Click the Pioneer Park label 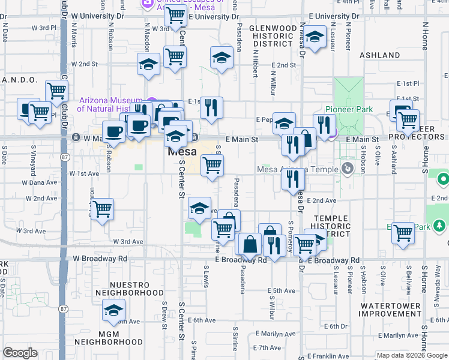[349, 109]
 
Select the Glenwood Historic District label [273, 36]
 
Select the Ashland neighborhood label [380, 55]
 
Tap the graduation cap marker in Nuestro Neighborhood [113, 310]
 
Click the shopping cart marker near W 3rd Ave [102, 209]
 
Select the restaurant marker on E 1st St [211, 107]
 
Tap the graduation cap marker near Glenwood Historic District [314, 37]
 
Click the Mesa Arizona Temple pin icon [346, 169]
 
